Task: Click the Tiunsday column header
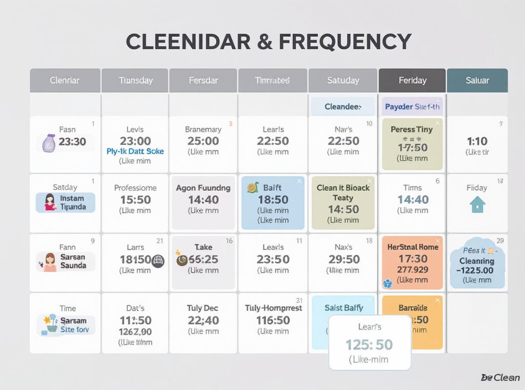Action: click(135, 80)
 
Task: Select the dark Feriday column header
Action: click(412, 80)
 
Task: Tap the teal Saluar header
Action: click(477, 80)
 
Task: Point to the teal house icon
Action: click(477, 205)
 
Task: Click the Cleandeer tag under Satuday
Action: click(342, 107)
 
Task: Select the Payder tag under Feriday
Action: click(412, 107)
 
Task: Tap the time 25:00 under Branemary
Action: click(203, 141)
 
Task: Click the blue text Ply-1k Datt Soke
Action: click(135, 151)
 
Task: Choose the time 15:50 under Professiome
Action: click(135, 200)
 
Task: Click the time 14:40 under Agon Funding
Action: click(203, 200)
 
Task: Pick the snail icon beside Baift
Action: click(252, 188)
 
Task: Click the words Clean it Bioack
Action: click(343, 188)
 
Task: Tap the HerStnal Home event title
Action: click(412, 247)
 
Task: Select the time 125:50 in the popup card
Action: click(369, 344)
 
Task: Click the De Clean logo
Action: click(500, 378)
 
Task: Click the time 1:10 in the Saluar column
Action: click(477, 141)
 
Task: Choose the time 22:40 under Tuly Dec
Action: click(203, 320)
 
